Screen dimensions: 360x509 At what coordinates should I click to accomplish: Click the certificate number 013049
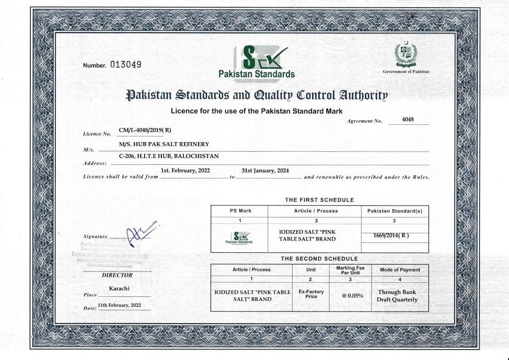click(x=126, y=64)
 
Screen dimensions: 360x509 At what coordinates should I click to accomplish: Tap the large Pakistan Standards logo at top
click(x=257, y=62)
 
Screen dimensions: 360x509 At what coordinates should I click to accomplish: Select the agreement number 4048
click(x=408, y=120)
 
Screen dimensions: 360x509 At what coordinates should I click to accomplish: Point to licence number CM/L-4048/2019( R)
click(x=145, y=130)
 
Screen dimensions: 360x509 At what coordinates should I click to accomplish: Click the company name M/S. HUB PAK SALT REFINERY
click(x=164, y=144)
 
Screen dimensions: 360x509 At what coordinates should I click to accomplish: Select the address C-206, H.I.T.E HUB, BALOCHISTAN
click(x=169, y=156)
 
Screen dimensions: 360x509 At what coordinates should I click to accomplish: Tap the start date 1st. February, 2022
click(x=185, y=171)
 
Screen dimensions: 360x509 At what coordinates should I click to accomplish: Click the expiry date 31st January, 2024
click(x=265, y=171)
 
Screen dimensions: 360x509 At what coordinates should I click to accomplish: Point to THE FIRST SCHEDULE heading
click(x=319, y=200)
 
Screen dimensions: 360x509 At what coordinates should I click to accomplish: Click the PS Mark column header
click(x=239, y=211)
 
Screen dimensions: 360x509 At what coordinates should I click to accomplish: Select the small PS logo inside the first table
click(x=239, y=237)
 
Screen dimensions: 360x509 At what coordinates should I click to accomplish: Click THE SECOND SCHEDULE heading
click(x=319, y=259)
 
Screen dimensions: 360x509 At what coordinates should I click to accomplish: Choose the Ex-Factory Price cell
click(x=311, y=294)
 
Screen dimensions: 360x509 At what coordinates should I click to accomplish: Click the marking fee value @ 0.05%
click(x=350, y=296)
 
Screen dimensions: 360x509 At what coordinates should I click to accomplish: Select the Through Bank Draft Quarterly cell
click(x=397, y=296)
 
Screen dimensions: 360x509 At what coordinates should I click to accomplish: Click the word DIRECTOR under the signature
click(x=117, y=275)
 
